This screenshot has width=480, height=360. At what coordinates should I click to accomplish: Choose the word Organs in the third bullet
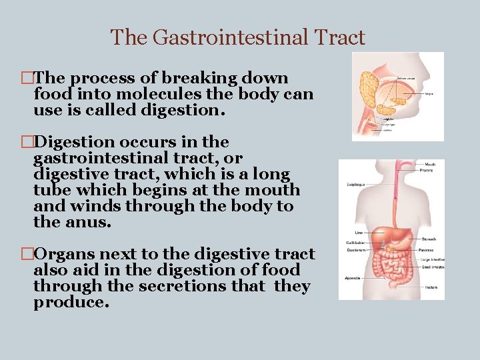(61, 254)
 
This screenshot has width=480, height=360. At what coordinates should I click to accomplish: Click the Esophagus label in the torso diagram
(355, 185)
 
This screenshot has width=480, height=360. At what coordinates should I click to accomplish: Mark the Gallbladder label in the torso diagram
(354, 243)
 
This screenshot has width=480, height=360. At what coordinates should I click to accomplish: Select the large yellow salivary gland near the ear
(367, 83)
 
